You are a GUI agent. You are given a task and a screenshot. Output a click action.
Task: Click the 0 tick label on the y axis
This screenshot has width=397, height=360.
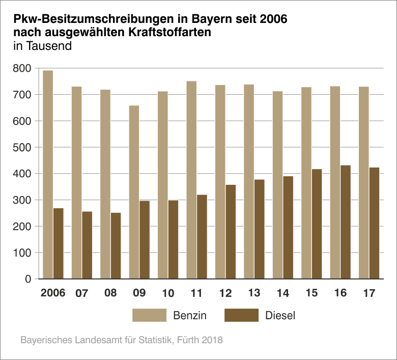28,279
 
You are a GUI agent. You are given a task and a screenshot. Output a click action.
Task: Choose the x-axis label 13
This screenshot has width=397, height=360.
254,293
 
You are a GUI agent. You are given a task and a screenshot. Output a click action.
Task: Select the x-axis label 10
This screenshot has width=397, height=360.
168,293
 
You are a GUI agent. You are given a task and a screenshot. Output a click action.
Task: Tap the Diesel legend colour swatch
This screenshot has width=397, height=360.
241,315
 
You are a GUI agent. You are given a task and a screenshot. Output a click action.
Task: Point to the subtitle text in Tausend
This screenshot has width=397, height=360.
42,46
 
